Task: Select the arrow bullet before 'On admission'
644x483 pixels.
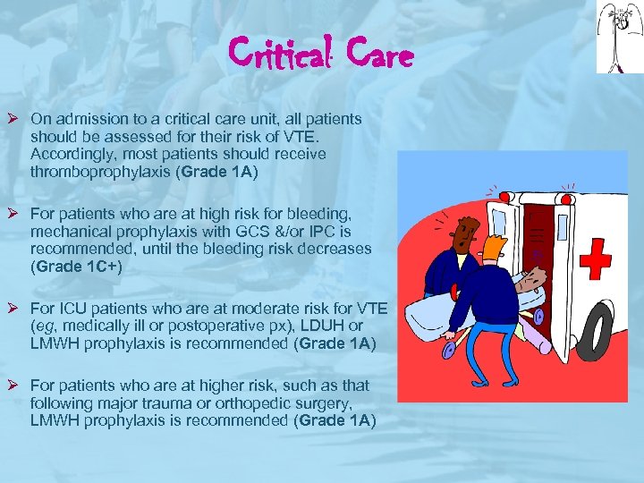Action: click(x=15, y=119)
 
